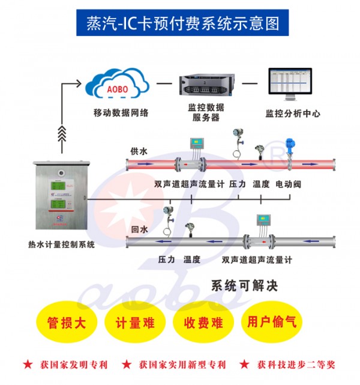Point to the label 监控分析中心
293,113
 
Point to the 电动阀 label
288,184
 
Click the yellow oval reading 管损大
67,323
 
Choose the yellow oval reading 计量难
134,323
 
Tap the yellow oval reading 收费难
203,323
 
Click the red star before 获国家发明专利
28,365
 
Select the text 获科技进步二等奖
296,365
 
